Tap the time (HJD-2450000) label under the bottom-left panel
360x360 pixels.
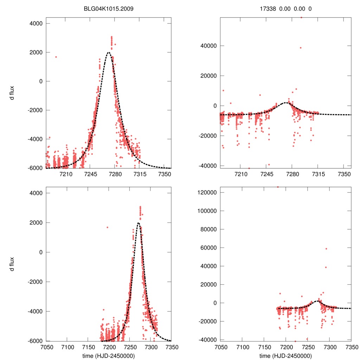point(108,356)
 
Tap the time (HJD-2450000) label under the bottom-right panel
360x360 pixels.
point(285,356)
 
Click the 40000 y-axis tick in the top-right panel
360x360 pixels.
point(208,46)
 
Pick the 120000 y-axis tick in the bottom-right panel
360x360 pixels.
point(207,193)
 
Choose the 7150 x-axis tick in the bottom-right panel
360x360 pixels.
point(264,347)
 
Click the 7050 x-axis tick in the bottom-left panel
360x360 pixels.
point(46,347)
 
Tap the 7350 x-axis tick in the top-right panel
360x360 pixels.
point(344,174)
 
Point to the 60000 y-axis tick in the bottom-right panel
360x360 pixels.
point(208,248)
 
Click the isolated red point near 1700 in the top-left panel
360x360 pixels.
point(56,57)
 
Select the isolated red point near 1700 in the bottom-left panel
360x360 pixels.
point(107,227)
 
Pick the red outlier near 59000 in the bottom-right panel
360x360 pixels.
point(326,249)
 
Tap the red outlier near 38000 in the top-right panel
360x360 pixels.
point(301,48)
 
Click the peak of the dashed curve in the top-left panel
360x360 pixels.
point(108,52)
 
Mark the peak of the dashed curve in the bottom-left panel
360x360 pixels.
point(138,223)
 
